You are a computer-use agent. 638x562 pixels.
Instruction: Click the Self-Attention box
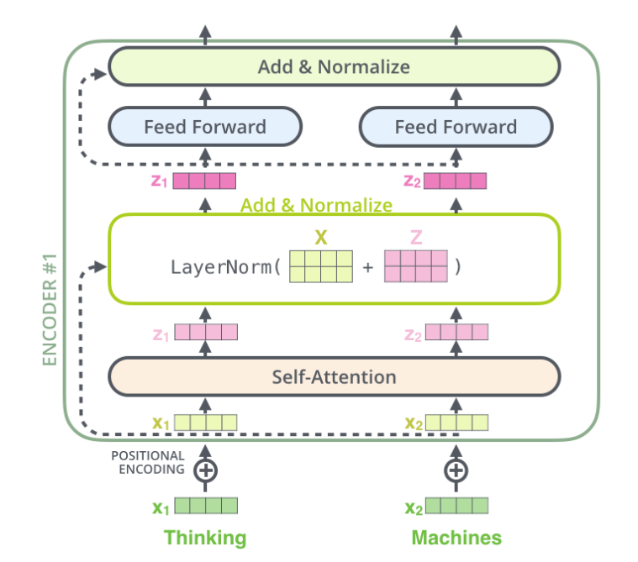tap(334, 376)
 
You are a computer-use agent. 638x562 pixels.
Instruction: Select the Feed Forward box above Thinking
tap(204, 128)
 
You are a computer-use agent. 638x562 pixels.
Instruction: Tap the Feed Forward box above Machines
tap(456, 128)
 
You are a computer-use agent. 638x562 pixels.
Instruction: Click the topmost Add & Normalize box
tap(334, 66)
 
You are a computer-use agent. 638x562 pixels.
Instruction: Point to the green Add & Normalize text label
tap(316, 205)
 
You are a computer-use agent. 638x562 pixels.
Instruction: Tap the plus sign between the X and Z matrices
tap(367, 268)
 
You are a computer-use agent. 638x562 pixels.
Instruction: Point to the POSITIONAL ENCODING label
tap(148, 462)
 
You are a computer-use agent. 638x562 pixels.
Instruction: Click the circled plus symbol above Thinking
tap(205, 470)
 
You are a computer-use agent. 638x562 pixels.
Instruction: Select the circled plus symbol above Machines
tap(456, 470)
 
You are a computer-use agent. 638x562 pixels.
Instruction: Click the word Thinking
tap(205, 538)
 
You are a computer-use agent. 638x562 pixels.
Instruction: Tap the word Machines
tap(456, 538)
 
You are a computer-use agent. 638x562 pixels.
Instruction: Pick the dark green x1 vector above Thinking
tap(206, 507)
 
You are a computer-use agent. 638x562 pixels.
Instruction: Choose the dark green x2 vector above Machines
tap(456, 507)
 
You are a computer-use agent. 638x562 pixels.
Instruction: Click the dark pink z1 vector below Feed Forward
tap(204, 181)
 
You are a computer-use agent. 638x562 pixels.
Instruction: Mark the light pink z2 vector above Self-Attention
tap(456, 332)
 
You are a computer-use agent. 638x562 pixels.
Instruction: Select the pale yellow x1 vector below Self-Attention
tap(206, 422)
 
